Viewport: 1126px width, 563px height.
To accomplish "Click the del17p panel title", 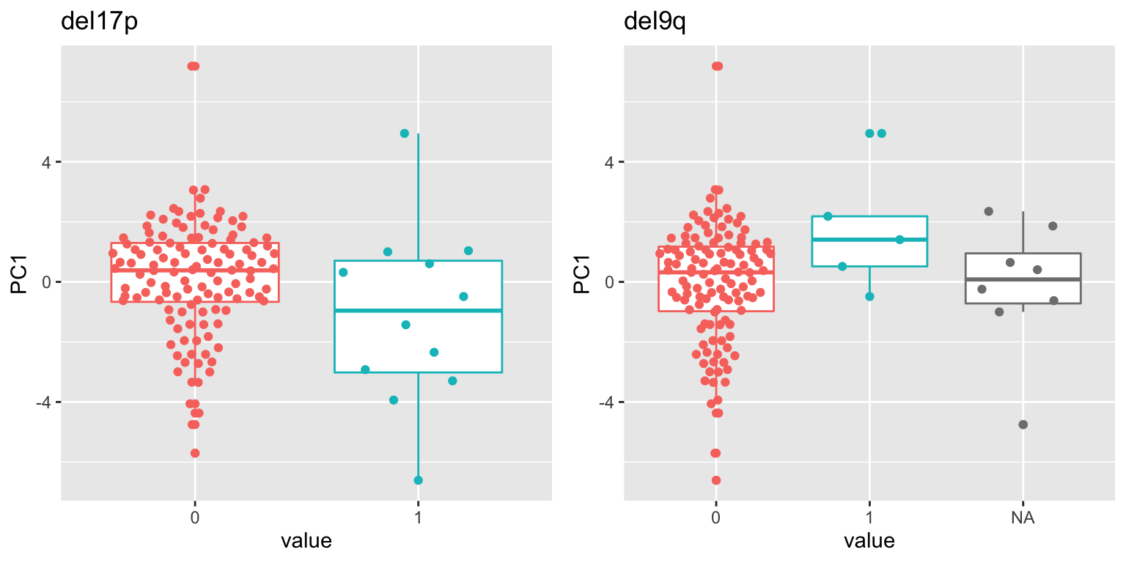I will click(99, 22).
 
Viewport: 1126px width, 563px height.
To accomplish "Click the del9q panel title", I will click(655, 22).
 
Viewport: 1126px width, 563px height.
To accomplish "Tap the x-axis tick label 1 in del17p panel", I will click(418, 518).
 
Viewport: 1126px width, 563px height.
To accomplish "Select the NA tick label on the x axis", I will click(1023, 518).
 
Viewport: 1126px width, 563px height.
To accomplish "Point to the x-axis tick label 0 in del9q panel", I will click(715, 518).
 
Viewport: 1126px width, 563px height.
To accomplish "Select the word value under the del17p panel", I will click(306, 542).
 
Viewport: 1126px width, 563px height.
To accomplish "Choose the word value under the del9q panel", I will click(869, 542).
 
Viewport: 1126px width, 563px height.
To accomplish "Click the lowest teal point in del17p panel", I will click(418, 480).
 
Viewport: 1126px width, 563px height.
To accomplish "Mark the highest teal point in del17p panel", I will click(405, 133).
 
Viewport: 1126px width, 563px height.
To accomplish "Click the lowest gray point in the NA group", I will click(1023, 424).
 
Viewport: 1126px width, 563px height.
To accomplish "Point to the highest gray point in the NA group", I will click(988, 211).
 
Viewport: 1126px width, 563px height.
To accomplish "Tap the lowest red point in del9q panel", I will click(716, 480).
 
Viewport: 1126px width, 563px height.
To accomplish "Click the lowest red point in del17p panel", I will click(195, 453).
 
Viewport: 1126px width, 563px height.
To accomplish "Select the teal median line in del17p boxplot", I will click(418, 311).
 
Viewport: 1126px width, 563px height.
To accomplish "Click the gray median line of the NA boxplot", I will click(1023, 279).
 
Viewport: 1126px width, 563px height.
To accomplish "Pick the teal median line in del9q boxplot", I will click(869, 240).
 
